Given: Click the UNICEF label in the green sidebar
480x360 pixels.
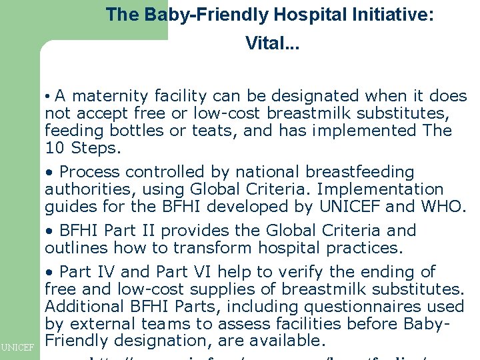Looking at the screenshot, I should click(x=18, y=347).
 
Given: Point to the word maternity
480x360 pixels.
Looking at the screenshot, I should click(x=115, y=97).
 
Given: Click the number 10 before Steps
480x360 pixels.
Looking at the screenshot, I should click(x=54, y=147).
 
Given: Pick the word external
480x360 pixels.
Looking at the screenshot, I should click(x=101, y=324).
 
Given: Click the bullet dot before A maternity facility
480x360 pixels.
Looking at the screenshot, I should click(x=49, y=97).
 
